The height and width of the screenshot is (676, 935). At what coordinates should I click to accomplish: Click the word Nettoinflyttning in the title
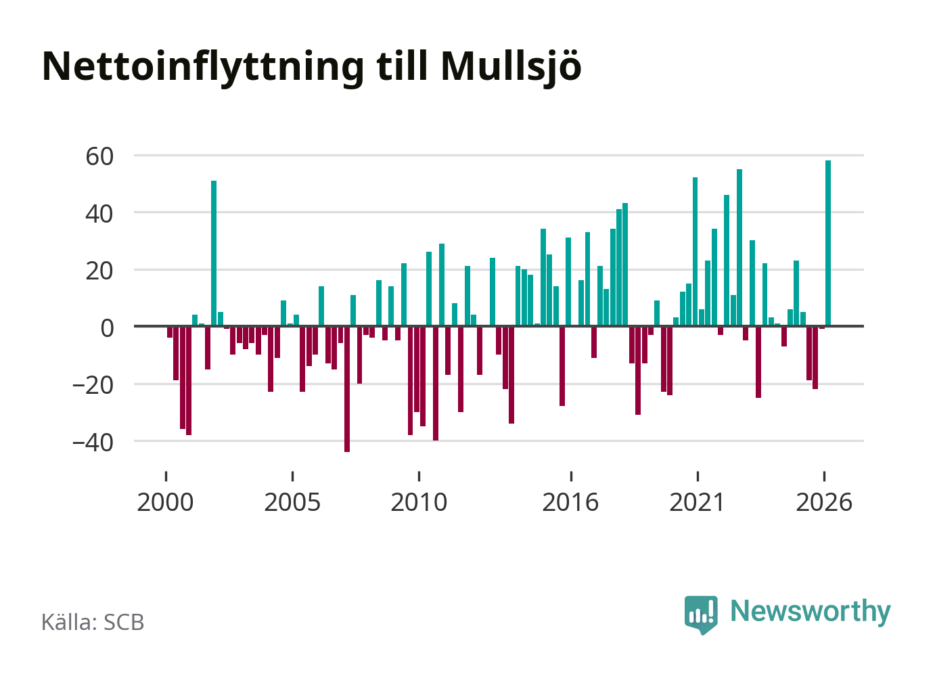[x=203, y=68]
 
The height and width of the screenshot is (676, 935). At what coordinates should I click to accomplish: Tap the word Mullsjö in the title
[x=511, y=68]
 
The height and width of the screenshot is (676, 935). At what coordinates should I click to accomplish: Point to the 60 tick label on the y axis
[x=99, y=157]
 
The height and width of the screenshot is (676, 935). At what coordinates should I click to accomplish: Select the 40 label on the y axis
[x=99, y=215]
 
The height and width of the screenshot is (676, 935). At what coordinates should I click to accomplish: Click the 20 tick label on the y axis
[x=99, y=271]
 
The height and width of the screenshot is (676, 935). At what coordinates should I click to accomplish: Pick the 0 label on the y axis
[x=107, y=328]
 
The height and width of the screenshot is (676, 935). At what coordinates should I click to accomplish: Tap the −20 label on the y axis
[x=93, y=386]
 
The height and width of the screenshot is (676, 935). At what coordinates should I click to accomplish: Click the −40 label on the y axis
[x=93, y=443]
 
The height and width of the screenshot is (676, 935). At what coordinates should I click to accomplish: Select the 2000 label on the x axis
[x=165, y=502]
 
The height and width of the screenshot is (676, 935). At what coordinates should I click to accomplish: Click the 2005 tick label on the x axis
[x=292, y=502]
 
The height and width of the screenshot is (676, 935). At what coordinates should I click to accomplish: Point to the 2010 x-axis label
[x=419, y=502]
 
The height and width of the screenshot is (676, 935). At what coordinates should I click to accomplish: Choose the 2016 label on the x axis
[x=570, y=502]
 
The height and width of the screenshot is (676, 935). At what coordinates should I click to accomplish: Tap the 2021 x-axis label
[x=697, y=502]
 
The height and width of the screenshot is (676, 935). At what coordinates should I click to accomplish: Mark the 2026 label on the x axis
[x=824, y=502]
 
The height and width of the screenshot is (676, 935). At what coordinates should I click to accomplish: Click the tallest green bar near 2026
[x=828, y=243]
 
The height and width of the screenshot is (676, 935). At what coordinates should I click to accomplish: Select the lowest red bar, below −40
[x=347, y=389]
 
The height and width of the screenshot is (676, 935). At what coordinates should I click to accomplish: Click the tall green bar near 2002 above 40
[x=214, y=253]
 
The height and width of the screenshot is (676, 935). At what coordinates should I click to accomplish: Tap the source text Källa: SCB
[x=93, y=622]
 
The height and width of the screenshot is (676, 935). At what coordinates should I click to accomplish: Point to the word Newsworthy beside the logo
[x=811, y=612]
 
